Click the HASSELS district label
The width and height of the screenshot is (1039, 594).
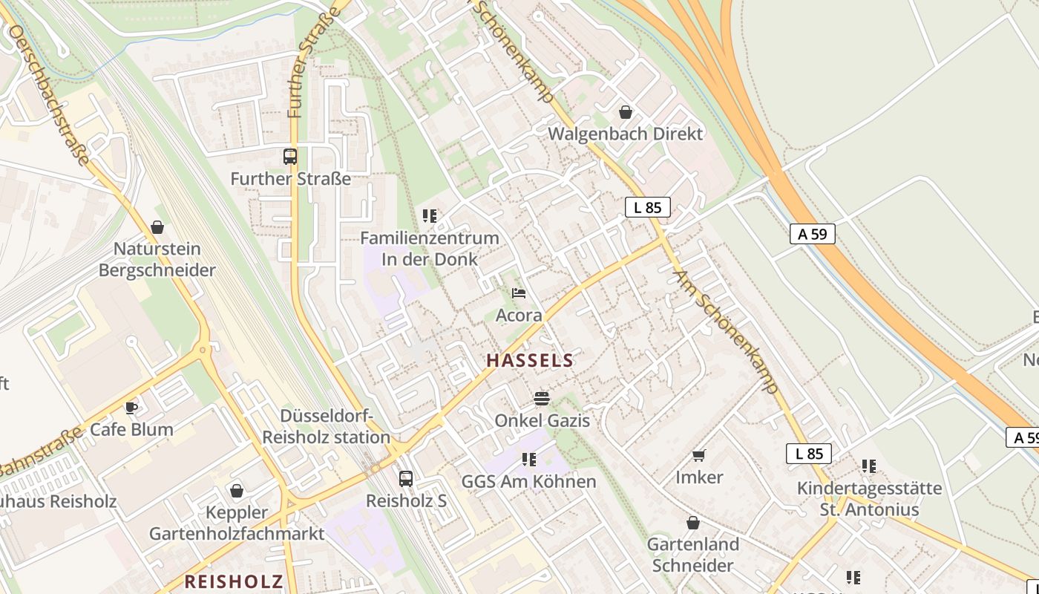click(529, 361)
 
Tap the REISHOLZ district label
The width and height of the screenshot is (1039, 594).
click(234, 581)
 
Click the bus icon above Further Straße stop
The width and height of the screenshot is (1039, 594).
click(290, 157)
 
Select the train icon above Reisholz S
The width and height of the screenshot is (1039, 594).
click(405, 479)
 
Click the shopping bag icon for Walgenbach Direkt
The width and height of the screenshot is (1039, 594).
click(626, 112)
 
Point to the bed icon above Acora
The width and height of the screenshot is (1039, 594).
click(519, 293)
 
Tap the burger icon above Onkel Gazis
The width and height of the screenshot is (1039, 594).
click(542, 399)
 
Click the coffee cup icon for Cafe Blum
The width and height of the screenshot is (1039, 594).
click(131, 407)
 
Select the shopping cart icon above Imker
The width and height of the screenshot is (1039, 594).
click(698, 455)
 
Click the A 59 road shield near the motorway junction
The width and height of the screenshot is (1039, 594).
click(812, 234)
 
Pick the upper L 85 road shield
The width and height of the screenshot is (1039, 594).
click(647, 207)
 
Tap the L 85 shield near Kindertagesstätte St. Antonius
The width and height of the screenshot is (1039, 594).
click(808, 453)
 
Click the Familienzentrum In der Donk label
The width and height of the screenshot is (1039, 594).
click(429, 249)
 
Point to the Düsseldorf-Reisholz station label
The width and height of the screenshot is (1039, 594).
click(326, 426)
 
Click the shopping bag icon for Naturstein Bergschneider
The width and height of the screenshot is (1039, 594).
click(157, 226)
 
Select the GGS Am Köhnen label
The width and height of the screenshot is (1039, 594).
click(528, 481)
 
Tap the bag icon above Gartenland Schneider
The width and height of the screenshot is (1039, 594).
click(692, 523)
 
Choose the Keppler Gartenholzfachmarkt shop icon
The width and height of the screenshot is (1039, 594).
click(237, 491)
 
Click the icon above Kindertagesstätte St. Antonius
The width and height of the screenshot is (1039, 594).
click(869, 466)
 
